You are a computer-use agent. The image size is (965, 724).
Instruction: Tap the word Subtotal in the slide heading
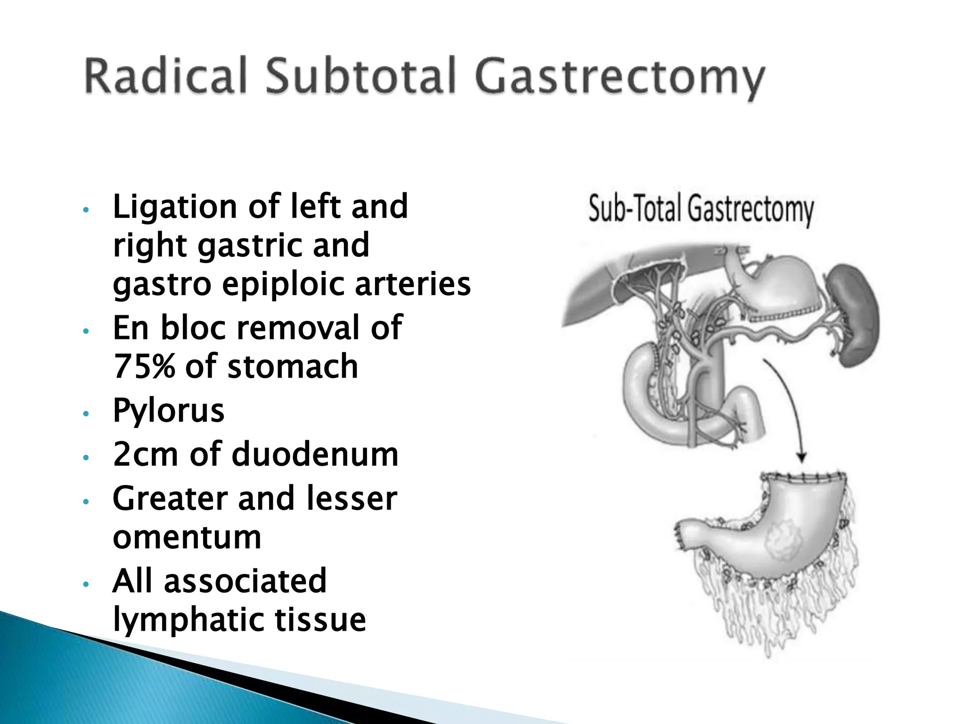[361, 76]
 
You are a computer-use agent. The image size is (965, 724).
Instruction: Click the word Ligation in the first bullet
[175, 207]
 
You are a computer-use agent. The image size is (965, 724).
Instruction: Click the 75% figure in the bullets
[144, 366]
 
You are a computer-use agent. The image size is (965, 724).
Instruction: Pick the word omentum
[187, 537]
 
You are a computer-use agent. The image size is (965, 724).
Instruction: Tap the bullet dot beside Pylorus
[85, 414]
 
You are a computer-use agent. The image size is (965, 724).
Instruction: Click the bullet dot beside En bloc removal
[85, 331]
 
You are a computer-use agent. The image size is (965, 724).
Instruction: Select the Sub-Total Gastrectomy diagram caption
[701, 210]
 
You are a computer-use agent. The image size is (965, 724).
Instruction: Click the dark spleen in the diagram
[853, 313]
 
